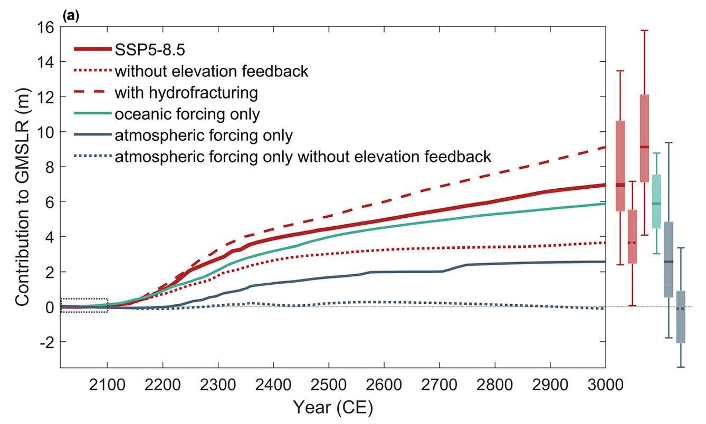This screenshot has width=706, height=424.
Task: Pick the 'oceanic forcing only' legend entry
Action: (187, 113)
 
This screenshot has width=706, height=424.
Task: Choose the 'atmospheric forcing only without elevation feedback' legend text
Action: (303, 156)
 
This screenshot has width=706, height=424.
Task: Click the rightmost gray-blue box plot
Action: (681, 317)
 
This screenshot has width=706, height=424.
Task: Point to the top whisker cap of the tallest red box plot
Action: (644, 31)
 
